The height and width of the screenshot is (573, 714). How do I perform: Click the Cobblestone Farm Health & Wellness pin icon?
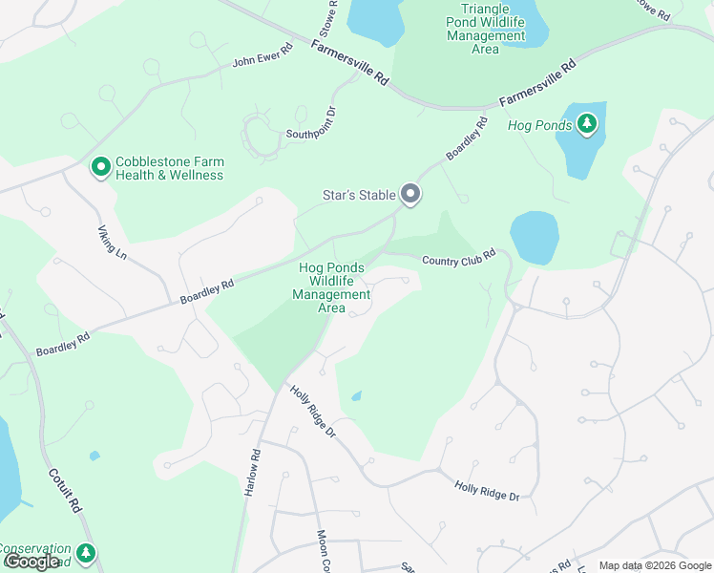pyautogui.click(x=100, y=168)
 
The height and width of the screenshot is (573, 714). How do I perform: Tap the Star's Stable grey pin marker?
pyautogui.click(x=410, y=195)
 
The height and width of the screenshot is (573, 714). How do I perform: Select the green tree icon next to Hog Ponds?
pyautogui.click(x=586, y=124)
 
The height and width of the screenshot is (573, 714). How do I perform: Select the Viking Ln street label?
pyautogui.click(x=112, y=244)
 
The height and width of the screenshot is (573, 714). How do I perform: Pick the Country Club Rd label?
pyautogui.click(x=459, y=258)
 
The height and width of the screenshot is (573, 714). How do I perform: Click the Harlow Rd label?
pyautogui.click(x=253, y=472)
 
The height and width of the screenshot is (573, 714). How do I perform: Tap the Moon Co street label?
pyautogui.click(x=323, y=550)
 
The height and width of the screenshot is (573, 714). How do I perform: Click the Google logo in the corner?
pyautogui.click(x=32, y=562)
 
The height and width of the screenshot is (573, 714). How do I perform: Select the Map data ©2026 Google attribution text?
pyautogui.click(x=654, y=565)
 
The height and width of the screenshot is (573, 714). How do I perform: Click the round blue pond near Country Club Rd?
pyautogui.click(x=534, y=237)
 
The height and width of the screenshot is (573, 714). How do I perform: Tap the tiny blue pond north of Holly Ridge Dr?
pyautogui.click(x=356, y=395)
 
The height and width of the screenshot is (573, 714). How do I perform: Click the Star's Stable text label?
pyautogui.click(x=358, y=196)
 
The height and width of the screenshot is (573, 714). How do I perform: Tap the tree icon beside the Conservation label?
pyautogui.click(x=86, y=553)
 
